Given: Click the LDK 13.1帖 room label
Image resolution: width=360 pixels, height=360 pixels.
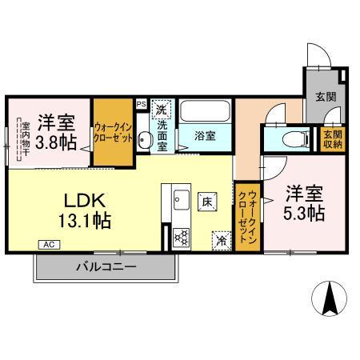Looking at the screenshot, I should tap(83, 207).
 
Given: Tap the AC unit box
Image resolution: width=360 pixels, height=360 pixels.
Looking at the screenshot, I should tap(47, 244).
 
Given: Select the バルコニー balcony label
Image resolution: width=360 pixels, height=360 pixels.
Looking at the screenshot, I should tap(106, 266).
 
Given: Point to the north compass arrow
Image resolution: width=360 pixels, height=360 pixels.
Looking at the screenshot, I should tap(329, 299).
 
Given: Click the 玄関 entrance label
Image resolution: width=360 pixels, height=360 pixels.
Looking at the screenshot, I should tap(325, 97).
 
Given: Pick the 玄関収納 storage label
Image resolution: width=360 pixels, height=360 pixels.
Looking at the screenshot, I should tap(332, 139).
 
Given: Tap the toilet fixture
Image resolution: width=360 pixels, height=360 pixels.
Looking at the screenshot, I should tap(294, 139).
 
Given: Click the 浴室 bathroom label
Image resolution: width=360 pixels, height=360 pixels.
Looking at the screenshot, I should tap(206, 135).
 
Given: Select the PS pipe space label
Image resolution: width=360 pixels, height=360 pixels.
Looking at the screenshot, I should tap(141, 103).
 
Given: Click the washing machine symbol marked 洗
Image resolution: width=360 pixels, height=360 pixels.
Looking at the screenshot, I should tap(162, 108).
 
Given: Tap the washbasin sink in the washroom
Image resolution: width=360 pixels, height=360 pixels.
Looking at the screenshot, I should tap(143, 142).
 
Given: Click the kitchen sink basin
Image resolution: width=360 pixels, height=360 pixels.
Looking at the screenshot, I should tap(180, 200).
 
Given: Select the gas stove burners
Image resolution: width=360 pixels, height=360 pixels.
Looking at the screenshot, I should tap(181, 236).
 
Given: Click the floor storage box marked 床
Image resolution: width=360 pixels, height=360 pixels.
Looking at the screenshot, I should tap(206, 200).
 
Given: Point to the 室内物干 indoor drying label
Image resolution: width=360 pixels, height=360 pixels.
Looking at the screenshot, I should tap(25, 137).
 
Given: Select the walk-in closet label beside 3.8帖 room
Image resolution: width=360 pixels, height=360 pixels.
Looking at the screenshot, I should tap(112, 130).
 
